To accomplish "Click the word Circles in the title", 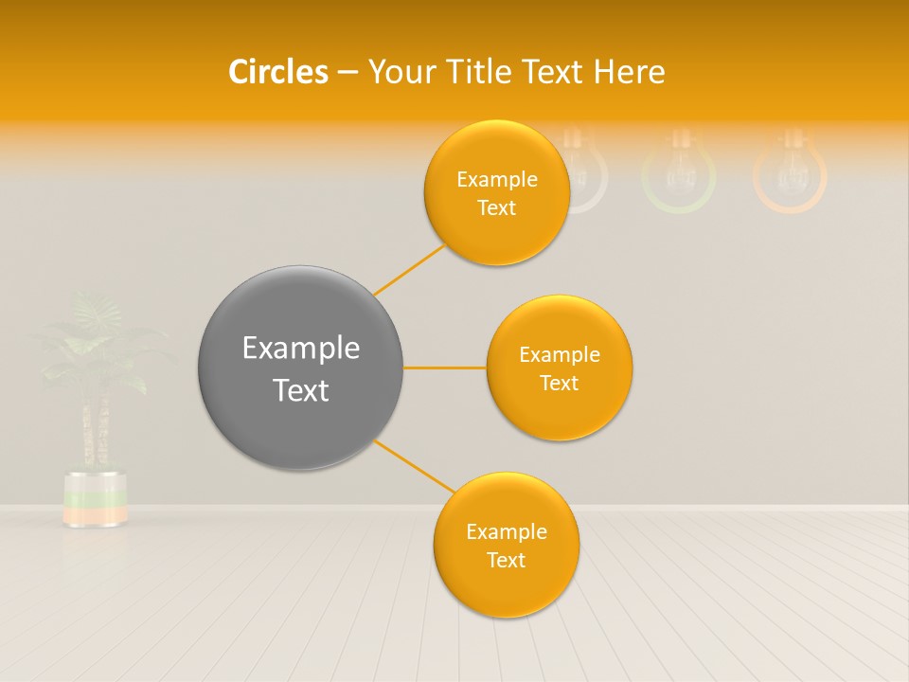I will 278,71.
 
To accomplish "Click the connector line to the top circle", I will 409,269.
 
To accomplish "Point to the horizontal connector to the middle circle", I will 444,368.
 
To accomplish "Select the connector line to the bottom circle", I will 415,466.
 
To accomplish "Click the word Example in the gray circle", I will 300,349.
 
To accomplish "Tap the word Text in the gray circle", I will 300,390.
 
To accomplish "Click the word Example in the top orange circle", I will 496,180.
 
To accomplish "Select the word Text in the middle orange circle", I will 559,383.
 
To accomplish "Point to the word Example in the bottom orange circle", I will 506,531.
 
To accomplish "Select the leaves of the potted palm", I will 95,341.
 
